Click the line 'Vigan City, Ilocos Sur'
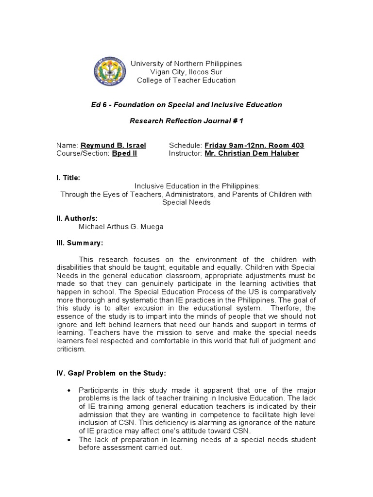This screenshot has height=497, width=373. tap(186, 72)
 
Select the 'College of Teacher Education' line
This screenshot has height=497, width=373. tap(186, 80)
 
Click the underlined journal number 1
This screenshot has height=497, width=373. tap(241, 121)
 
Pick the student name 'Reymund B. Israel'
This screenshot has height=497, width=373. tap(113, 145)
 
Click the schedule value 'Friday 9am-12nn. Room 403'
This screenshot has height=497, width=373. tap(254, 145)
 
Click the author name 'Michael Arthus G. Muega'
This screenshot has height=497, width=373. tap(121, 227)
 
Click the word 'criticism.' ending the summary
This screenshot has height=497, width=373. tap(71, 348)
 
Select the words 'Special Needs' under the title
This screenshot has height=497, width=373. tap(186, 202)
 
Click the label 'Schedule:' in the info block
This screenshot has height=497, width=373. tap(186, 145)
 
